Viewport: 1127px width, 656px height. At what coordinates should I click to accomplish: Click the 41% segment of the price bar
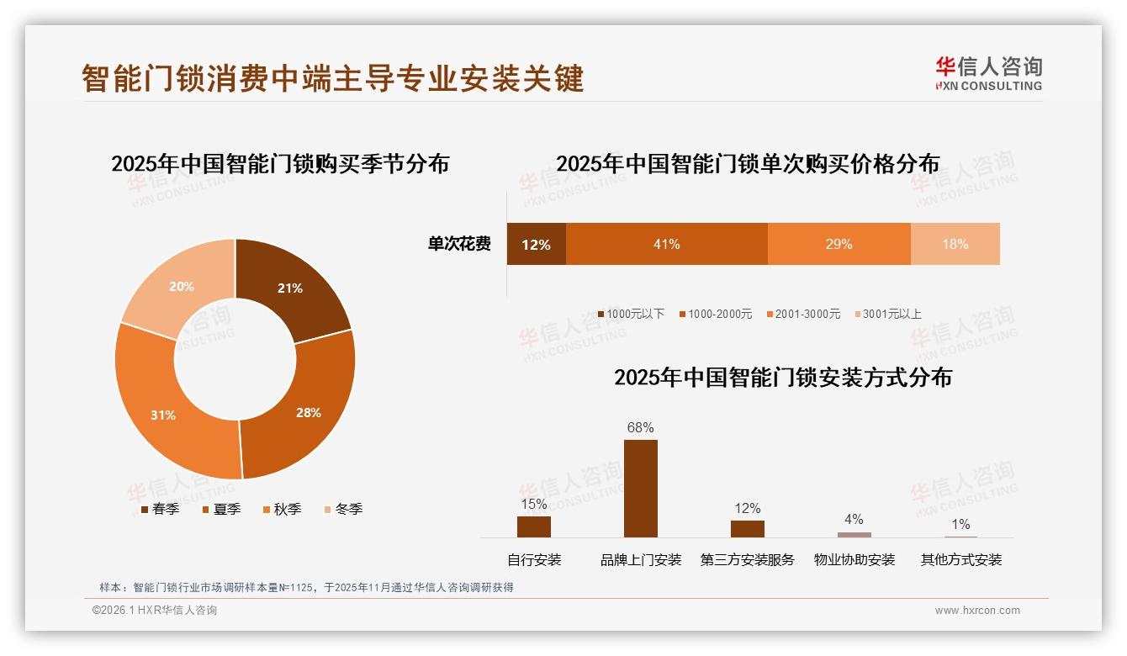click(666, 244)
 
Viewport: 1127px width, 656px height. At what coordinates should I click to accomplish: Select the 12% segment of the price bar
click(536, 244)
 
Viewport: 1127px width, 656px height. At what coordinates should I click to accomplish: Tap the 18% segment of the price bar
click(955, 244)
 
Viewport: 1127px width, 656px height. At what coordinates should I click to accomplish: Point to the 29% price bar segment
click(839, 244)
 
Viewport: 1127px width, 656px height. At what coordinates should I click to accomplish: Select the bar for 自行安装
click(533, 526)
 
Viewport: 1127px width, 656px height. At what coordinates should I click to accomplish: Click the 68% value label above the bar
click(640, 427)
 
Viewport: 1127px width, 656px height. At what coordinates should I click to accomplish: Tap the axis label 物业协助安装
click(854, 559)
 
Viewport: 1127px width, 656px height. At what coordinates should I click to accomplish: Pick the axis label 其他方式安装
click(960, 559)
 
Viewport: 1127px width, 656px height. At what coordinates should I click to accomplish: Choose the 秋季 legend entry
click(282, 509)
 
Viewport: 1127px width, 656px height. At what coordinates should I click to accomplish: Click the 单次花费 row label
click(459, 244)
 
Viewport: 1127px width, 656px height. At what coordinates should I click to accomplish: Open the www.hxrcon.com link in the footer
click(977, 611)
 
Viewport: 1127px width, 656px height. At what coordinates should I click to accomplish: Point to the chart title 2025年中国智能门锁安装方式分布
click(782, 378)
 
